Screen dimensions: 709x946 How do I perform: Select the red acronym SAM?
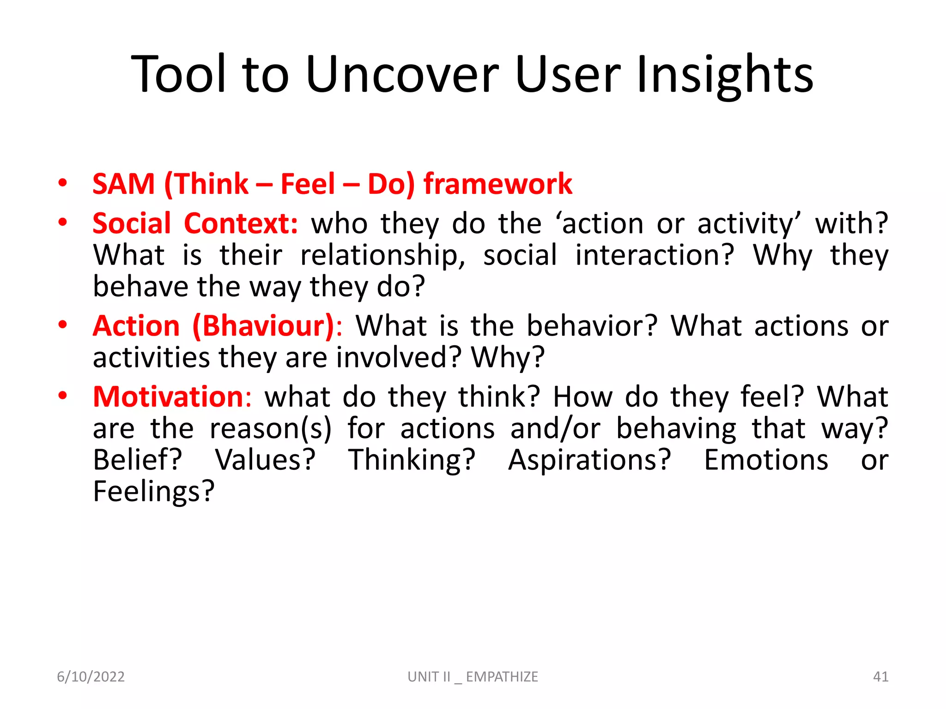123,184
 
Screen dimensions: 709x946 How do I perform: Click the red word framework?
497,184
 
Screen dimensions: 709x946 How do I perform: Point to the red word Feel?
308,184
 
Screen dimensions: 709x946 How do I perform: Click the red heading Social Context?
195,224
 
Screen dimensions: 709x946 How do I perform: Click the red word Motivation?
168,397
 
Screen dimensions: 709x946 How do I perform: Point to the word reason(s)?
271,429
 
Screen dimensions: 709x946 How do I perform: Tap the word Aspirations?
589,460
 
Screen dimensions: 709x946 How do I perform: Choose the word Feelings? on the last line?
154,492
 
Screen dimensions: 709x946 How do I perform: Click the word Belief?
138,460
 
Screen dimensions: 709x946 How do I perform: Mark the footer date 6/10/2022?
91,677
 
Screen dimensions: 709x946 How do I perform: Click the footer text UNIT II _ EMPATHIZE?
473,677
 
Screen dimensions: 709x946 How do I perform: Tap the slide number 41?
880,677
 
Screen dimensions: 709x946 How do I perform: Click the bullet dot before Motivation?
63,396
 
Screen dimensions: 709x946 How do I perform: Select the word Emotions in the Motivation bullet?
766,460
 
